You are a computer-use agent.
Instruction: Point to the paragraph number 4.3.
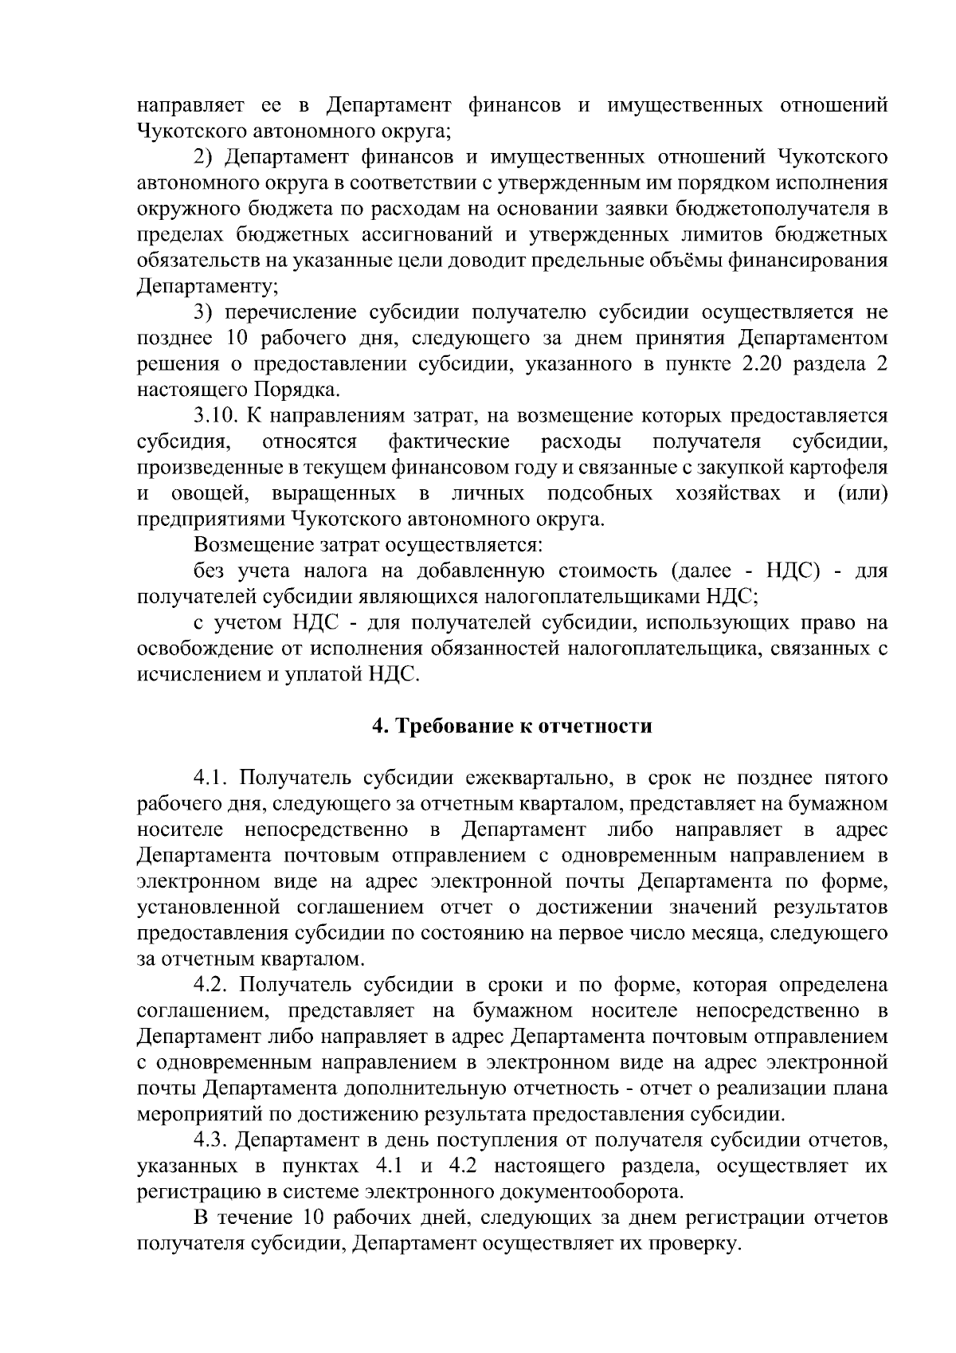(213, 1140)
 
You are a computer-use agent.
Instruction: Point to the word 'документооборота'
(591, 1192)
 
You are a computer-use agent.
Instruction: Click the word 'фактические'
(449, 441)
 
